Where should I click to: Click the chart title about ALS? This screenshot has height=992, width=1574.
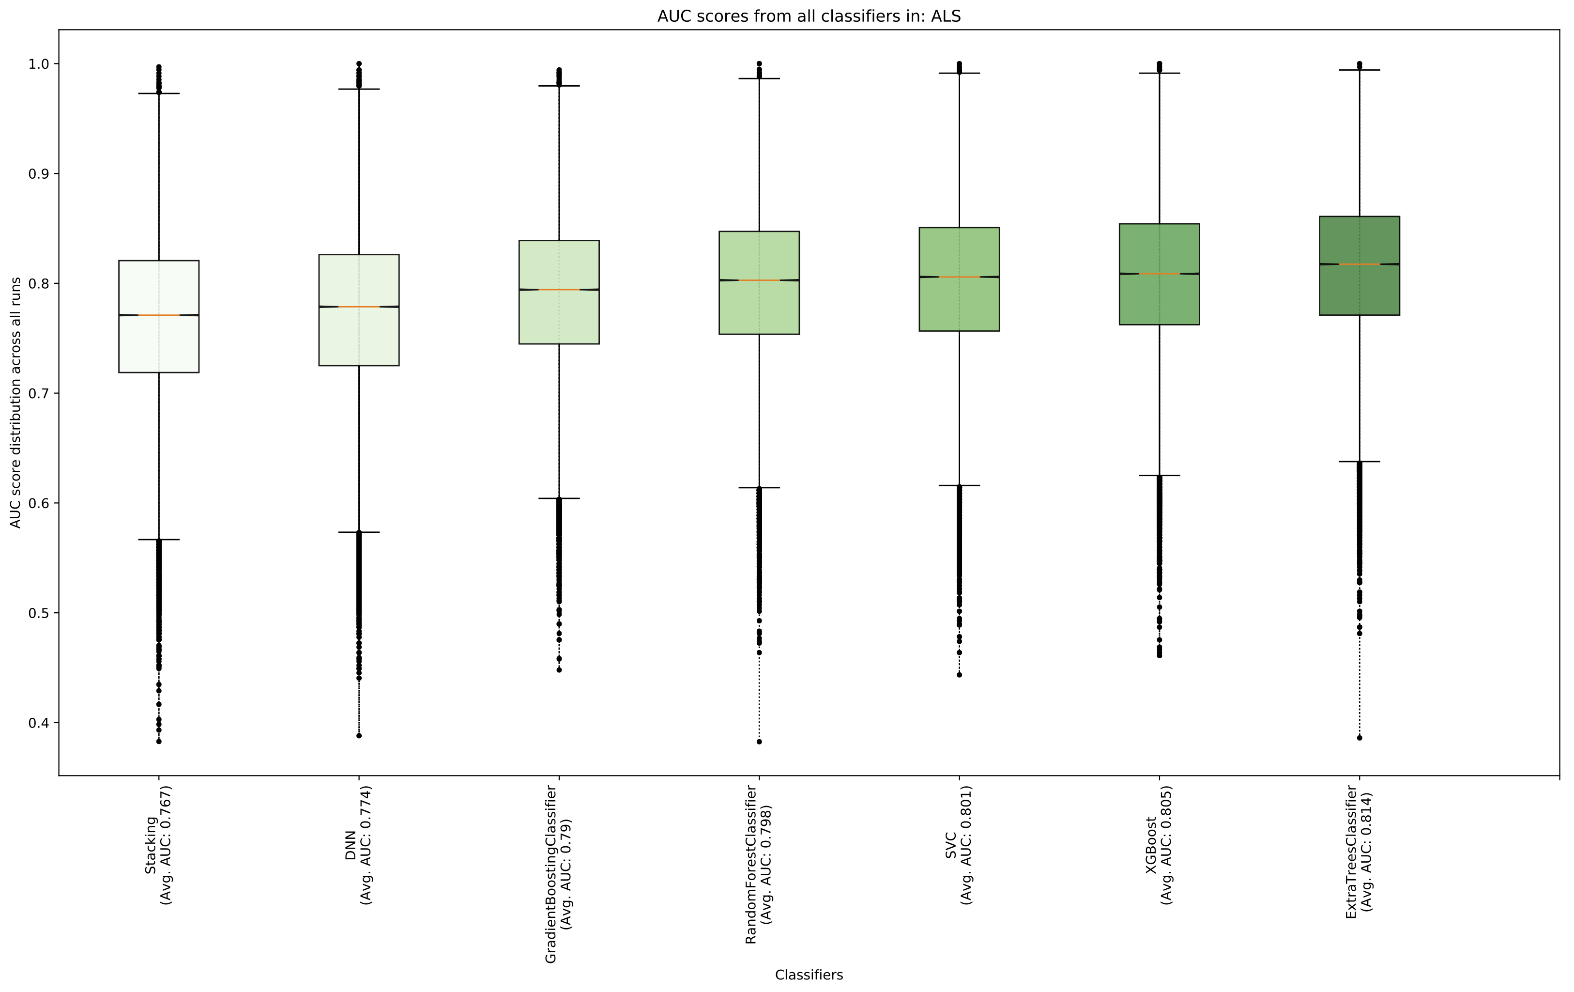point(809,16)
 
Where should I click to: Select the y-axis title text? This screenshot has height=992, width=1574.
point(15,402)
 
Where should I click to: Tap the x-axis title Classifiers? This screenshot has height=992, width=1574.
point(809,975)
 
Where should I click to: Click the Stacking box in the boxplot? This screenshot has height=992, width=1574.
point(159,347)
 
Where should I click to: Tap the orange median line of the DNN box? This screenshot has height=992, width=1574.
point(359,307)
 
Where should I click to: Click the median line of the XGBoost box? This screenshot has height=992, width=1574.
point(1159,273)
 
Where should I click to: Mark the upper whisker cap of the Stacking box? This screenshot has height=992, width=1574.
point(159,93)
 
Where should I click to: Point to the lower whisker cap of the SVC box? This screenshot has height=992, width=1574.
point(959,485)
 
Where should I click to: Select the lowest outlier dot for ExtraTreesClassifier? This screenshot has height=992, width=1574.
point(1359,738)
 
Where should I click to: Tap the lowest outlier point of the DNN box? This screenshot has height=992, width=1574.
point(359,736)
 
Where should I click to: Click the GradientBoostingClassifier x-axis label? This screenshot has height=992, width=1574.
point(558,875)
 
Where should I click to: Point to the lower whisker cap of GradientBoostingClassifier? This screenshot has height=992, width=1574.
point(559,498)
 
